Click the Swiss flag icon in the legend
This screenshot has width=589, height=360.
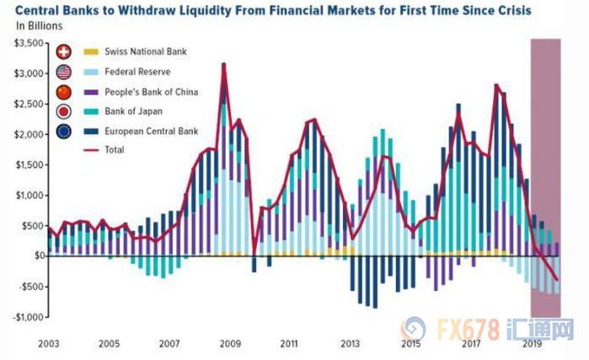click(64, 52)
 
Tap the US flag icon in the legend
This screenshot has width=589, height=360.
click(64, 72)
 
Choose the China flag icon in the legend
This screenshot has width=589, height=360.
click(64, 91)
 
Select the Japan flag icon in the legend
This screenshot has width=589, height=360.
click(64, 110)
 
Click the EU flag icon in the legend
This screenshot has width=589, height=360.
click(64, 131)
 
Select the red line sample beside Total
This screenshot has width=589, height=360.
click(92, 150)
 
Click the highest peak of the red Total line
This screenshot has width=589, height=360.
click(223, 64)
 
